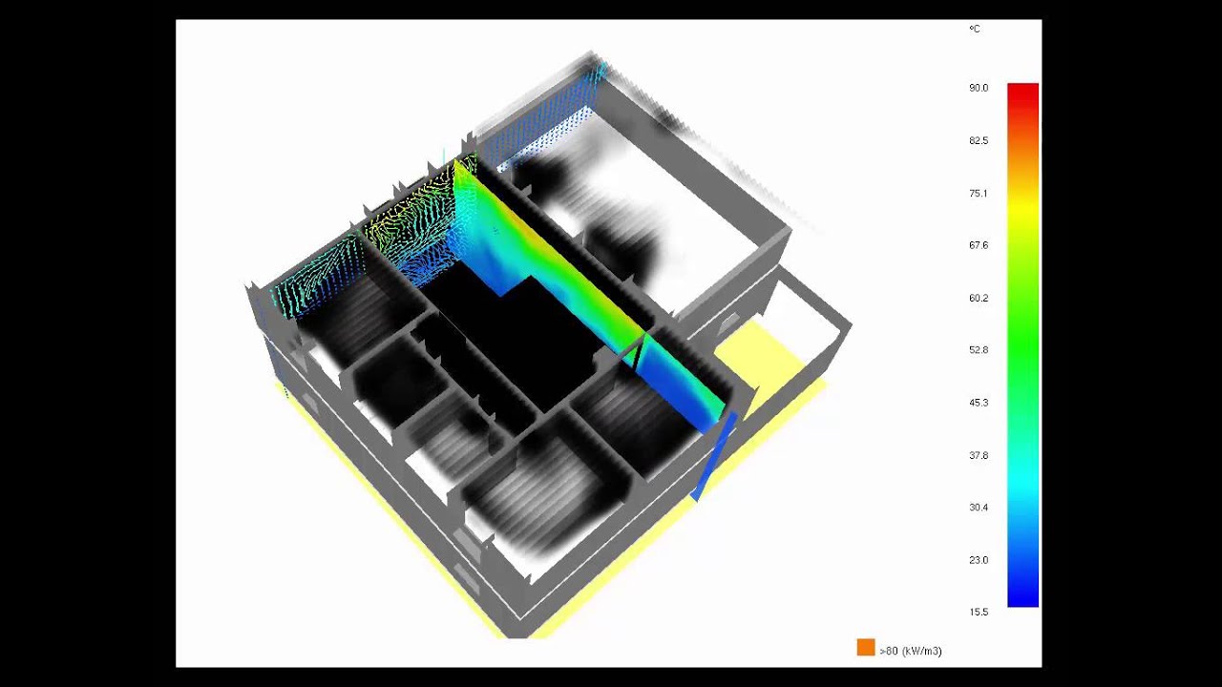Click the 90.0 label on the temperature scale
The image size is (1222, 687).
click(x=979, y=88)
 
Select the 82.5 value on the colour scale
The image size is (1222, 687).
click(x=979, y=140)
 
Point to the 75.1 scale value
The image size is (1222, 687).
click(x=979, y=193)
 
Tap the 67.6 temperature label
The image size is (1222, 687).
click(x=979, y=245)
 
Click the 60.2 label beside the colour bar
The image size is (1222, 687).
click(x=979, y=298)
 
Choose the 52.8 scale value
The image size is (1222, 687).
click(x=979, y=350)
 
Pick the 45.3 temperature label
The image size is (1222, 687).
click(x=979, y=403)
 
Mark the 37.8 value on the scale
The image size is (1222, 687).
click(x=979, y=455)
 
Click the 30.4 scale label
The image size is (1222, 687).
click(x=979, y=508)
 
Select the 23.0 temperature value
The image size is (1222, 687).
click(x=979, y=560)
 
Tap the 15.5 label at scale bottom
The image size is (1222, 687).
click(x=979, y=612)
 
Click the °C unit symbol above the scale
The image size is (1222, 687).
click(x=975, y=30)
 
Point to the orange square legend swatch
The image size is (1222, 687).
click(x=866, y=648)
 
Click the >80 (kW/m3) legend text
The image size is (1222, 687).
click(x=911, y=651)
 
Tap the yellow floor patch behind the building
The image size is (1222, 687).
click(x=750, y=358)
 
